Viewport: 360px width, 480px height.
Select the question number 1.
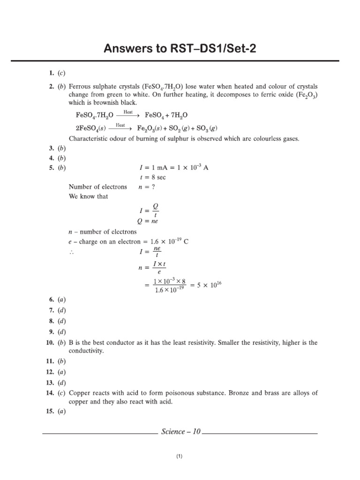(x=52, y=73)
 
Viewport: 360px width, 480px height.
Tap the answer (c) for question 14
(x=61, y=393)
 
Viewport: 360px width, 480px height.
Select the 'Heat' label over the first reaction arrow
(x=128, y=112)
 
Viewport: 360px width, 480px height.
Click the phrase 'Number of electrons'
(x=97, y=187)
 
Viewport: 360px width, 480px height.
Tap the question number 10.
(x=51, y=343)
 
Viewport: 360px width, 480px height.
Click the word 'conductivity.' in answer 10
(x=87, y=351)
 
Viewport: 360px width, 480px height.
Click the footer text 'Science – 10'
(x=180, y=431)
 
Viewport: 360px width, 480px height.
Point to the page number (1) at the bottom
(x=179, y=456)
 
